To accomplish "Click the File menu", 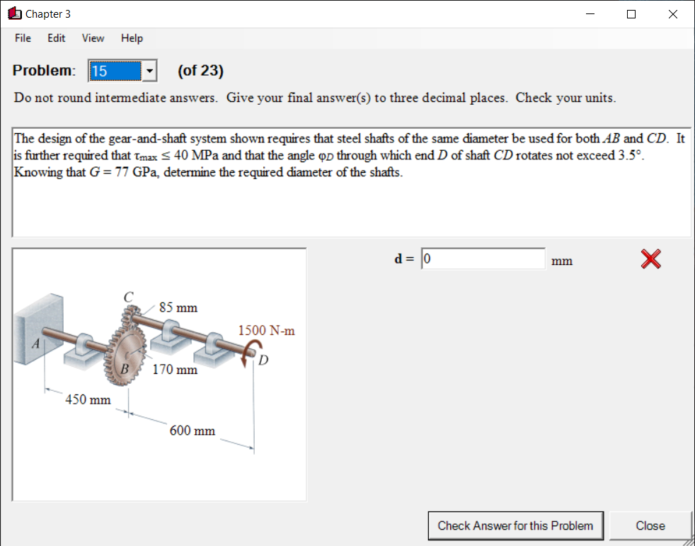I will click(x=23, y=38).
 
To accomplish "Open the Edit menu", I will click(x=57, y=38).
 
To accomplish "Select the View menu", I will click(x=93, y=38).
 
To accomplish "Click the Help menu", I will click(x=132, y=38).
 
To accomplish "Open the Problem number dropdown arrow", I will click(x=149, y=71).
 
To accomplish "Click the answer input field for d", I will click(x=483, y=259).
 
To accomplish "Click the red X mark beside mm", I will click(x=651, y=260).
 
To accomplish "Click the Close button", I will click(x=650, y=525).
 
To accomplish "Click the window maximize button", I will click(x=631, y=14).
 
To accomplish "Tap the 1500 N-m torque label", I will click(x=266, y=331).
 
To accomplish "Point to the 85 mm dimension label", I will click(x=178, y=308).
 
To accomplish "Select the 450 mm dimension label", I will click(x=88, y=399).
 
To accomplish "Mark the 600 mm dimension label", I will click(x=192, y=431).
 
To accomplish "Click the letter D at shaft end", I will click(x=263, y=360).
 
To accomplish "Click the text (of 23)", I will click(x=200, y=71).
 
